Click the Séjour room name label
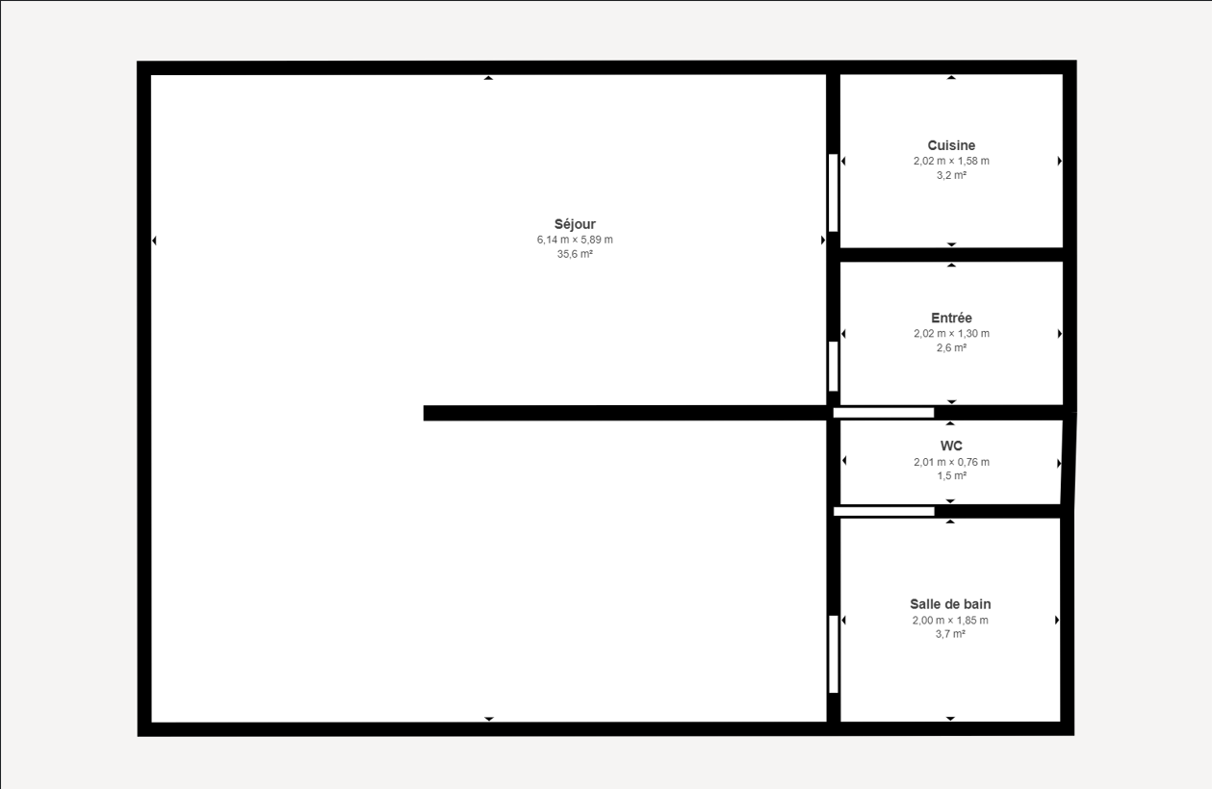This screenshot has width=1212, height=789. pyautogui.click(x=575, y=224)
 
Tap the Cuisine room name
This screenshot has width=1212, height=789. pyautogui.click(x=951, y=145)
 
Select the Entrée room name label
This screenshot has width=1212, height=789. pyautogui.click(x=951, y=318)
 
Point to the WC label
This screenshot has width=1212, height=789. pyautogui.click(x=951, y=446)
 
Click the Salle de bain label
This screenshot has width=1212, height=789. pyautogui.click(x=950, y=604)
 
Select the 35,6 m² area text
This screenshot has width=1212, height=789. pyautogui.click(x=575, y=254)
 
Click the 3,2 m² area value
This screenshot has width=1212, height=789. pyautogui.click(x=951, y=175)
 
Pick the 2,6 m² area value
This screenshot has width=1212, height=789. pyautogui.click(x=951, y=347)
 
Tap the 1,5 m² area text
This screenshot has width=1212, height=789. pyautogui.click(x=951, y=476)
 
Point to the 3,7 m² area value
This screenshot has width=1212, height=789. pyautogui.click(x=950, y=634)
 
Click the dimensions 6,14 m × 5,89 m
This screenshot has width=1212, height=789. pyautogui.click(x=575, y=240)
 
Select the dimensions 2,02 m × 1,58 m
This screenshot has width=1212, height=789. pyautogui.click(x=951, y=161)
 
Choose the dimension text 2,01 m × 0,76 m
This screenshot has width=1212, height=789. pyautogui.click(x=951, y=463)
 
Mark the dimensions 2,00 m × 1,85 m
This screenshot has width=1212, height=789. pyautogui.click(x=950, y=621)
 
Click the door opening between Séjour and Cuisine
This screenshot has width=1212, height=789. pyautogui.click(x=834, y=193)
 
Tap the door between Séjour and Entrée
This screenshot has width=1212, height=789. pyautogui.click(x=834, y=366)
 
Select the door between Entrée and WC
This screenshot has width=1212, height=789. pyautogui.click(x=884, y=413)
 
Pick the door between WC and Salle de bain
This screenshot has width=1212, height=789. pyautogui.click(x=884, y=512)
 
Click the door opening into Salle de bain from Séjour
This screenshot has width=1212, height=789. pyautogui.click(x=834, y=654)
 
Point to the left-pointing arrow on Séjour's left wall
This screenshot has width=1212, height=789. pyautogui.click(x=154, y=241)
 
